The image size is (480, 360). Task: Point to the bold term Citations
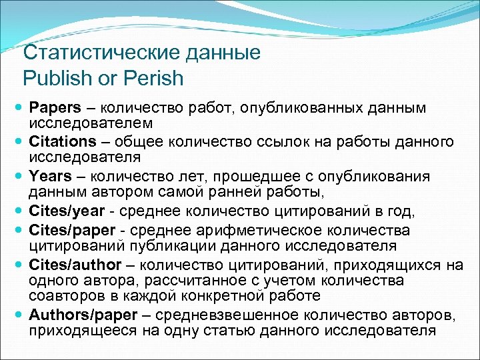click(x=63, y=141)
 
